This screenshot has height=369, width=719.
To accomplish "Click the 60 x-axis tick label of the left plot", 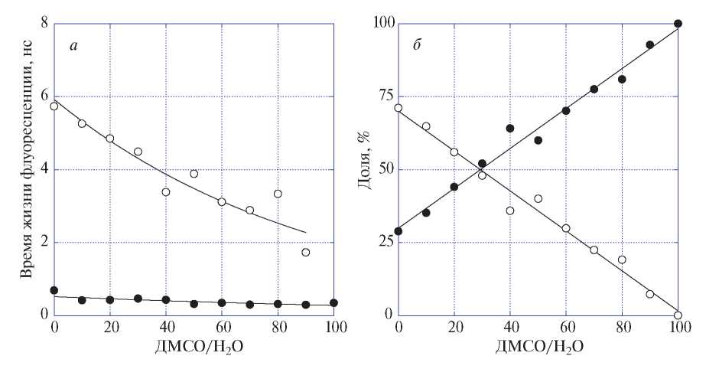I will (x=222, y=330).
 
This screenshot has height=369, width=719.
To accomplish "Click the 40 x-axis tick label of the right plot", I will (x=510, y=330).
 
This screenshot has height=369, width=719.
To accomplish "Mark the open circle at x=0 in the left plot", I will (x=54, y=106).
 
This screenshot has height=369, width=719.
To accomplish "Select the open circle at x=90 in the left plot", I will (x=306, y=252).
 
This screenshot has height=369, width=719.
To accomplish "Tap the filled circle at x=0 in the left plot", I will (x=54, y=290).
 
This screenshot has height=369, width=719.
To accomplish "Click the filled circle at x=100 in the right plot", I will (x=678, y=23).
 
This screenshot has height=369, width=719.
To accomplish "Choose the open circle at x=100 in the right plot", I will (x=678, y=315).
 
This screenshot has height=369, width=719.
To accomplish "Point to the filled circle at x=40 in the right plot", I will (x=510, y=129).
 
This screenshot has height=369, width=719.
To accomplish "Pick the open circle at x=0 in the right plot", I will (x=398, y=108).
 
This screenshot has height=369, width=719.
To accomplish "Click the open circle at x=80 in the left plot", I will (x=278, y=194).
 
